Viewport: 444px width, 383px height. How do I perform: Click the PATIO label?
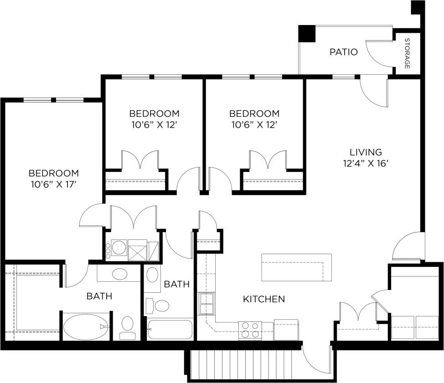point(343,52)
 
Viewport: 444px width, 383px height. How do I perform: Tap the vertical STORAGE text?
point(407,53)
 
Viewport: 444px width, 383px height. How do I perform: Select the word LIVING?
point(366,152)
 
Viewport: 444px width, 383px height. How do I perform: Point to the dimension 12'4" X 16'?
point(366,163)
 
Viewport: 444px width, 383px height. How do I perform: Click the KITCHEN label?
point(264,299)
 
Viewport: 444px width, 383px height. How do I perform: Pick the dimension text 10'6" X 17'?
point(53,184)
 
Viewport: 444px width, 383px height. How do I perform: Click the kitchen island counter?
point(296,268)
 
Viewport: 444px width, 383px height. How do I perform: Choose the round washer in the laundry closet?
point(119,248)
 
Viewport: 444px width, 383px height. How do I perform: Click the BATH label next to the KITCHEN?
point(176,284)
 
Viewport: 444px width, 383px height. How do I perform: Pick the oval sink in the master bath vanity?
point(119,274)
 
